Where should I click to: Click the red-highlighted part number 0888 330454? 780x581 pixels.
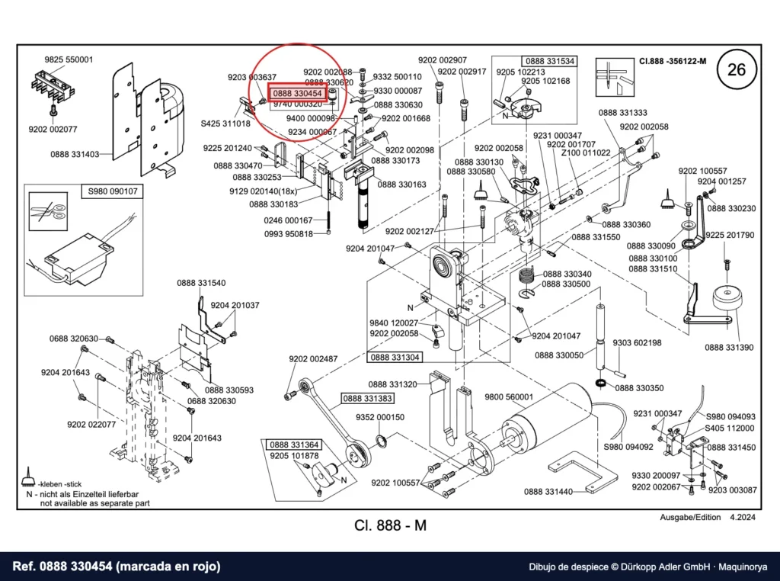298,93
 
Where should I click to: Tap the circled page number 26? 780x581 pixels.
737,69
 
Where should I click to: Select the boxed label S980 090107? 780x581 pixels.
113,191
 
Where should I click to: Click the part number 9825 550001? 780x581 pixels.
69,59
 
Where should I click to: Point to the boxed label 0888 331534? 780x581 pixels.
549,61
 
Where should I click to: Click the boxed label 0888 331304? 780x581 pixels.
395,357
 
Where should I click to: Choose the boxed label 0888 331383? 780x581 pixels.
367,398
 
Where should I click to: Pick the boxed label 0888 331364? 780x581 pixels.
295,445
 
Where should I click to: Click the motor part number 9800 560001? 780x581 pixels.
509,396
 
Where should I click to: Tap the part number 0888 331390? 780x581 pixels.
729,348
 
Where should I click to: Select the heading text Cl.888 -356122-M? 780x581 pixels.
673,61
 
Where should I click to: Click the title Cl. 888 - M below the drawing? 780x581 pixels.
391,525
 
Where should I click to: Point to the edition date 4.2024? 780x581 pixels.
743,517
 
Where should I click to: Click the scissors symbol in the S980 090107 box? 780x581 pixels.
48,212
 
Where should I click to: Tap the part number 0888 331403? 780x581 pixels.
75,154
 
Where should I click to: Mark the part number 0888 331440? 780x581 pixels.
548,492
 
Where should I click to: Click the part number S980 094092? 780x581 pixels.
628,447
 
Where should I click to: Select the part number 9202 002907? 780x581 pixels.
443,59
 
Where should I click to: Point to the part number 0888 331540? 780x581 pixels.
201,283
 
